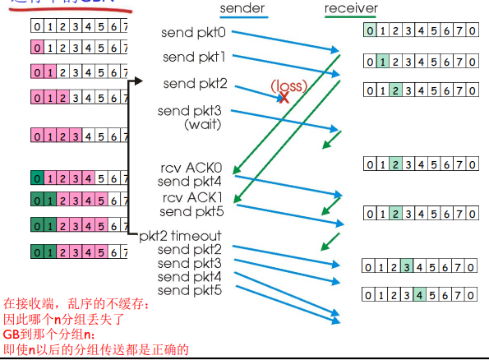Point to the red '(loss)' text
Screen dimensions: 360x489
tap(289, 85)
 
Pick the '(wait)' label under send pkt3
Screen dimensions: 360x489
tap(201, 123)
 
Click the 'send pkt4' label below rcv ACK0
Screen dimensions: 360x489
tap(190, 182)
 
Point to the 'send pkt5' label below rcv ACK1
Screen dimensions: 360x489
tap(190, 211)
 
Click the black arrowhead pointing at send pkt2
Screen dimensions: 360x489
tap(138, 81)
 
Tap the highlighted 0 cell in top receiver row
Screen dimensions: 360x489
tap(371, 32)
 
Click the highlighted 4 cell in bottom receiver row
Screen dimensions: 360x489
tap(419, 293)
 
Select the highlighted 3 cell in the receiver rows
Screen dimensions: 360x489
tap(408, 265)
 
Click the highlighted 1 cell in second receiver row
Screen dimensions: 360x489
tap(382, 60)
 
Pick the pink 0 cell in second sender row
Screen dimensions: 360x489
tap(36, 47)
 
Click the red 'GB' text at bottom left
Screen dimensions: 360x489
tap(11, 335)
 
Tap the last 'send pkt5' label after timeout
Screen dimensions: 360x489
tap(190, 290)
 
